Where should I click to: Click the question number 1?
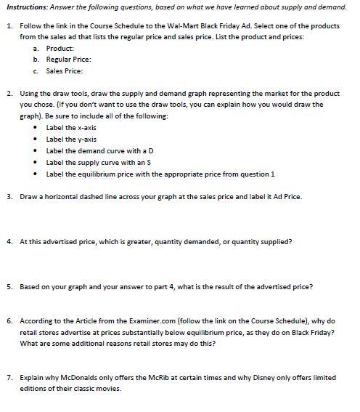pos(8,25)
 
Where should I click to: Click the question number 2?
pos(8,94)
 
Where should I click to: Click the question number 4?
pos(8,240)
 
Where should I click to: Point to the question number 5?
pos(8,286)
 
